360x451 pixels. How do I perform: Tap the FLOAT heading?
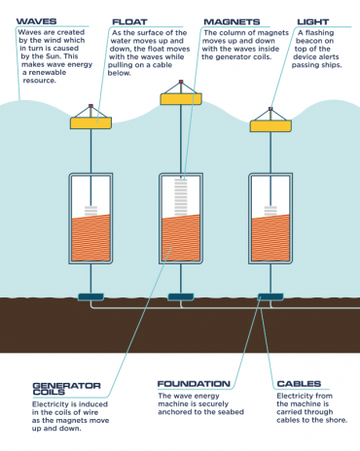(130, 19)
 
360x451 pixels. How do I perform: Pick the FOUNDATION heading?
(194, 383)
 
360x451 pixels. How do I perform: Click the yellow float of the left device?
(90, 122)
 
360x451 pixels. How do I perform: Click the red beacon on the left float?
(90, 106)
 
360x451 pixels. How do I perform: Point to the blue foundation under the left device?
(90, 295)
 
